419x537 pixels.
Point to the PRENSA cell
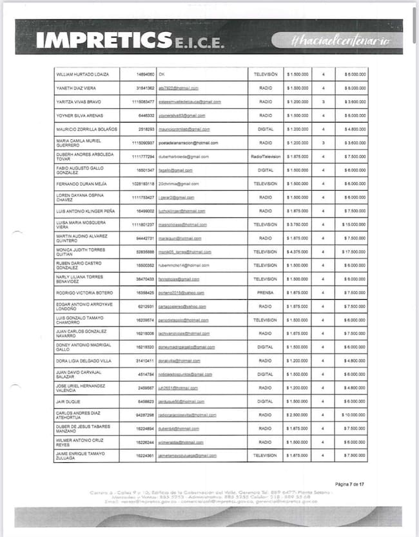click(x=265, y=293)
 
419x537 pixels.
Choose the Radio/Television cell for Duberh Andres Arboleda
click(x=265, y=157)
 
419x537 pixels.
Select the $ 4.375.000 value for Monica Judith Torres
click(x=297, y=252)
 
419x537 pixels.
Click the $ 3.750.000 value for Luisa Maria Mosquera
click(x=297, y=224)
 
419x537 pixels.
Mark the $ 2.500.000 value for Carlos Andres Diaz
click(x=297, y=415)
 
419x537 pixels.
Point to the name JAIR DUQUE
click(x=68, y=402)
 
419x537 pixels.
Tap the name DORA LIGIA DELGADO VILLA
click(x=84, y=360)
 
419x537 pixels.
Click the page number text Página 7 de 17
click(x=350, y=483)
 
